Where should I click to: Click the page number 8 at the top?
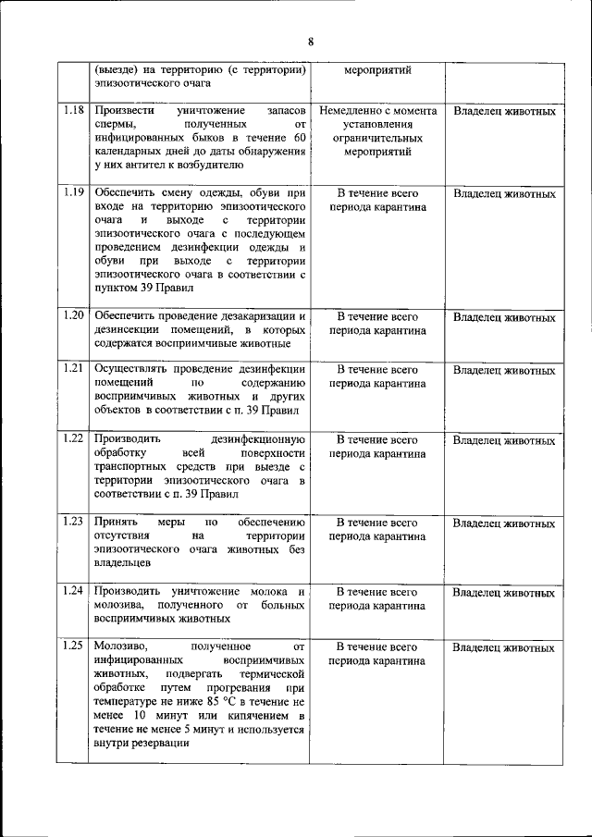click(x=311, y=41)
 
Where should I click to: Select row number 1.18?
click(x=75, y=111)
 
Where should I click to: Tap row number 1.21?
click(x=75, y=368)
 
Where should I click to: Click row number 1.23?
click(x=75, y=523)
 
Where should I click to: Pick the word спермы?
click(x=115, y=125)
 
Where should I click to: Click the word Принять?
click(x=117, y=523)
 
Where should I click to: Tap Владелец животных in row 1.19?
click(x=504, y=194)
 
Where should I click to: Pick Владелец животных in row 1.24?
click(x=504, y=592)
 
